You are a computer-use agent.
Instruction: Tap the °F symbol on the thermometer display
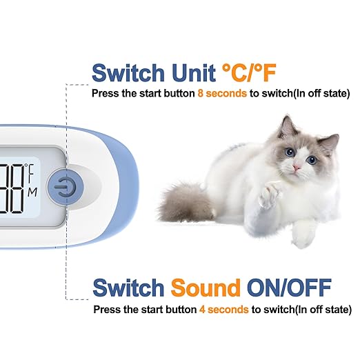(30, 168)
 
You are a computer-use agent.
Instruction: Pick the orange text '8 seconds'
(222, 92)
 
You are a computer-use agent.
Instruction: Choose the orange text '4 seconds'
(223, 309)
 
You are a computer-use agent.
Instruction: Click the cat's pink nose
(295, 167)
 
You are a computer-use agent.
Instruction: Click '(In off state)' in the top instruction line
(317, 92)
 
